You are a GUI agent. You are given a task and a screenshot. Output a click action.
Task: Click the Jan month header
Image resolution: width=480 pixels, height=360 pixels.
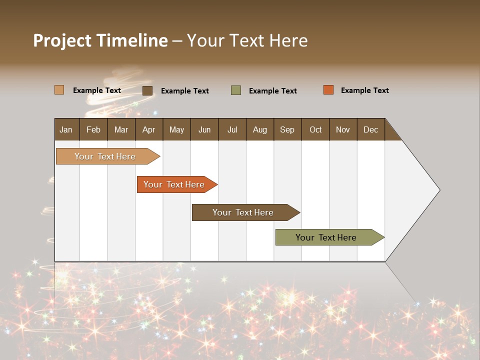(x=66, y=129)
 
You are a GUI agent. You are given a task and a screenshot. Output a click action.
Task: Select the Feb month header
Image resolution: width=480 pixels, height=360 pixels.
(x=93, y=129)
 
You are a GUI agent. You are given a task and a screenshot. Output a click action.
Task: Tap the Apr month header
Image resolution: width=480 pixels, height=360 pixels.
(x=149, y=129)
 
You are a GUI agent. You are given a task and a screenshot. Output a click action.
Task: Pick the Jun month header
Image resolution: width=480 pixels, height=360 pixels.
(x=204, y=129)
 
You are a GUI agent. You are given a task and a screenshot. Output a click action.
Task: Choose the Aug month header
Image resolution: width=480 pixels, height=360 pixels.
(x=260, y=129)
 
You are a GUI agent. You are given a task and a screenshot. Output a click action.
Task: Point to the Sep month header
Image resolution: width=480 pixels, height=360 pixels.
(x=287, y=129)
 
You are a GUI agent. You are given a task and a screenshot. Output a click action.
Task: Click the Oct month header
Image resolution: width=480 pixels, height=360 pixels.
(x=315, y=129)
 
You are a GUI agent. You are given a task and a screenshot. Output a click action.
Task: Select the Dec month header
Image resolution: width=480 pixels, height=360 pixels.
(x=371, y=129)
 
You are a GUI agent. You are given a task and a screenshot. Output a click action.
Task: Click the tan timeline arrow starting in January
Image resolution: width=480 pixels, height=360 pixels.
(x=105, y=156)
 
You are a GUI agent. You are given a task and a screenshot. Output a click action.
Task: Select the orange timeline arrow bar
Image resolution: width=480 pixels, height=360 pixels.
(x=174, y=184)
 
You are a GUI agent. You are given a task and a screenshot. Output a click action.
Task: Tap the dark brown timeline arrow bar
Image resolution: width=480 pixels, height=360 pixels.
(x=243, y=212)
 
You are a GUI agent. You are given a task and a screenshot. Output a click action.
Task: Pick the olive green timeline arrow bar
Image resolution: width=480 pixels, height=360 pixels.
(x=326, y=237)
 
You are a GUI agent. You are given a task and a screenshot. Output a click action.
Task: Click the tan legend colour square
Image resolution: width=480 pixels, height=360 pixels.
(x=59, y=90)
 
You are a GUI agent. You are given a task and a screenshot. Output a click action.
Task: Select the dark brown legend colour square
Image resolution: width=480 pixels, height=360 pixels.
(x=147, y=90)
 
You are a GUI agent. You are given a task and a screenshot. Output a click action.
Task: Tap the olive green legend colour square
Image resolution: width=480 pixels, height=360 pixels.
(x=236, y=90)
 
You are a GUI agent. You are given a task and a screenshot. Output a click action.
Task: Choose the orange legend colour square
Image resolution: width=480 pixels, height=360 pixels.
(x=328, y=90)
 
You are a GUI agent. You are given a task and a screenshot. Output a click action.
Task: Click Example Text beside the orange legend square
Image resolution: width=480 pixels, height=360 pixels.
(x=365, y=90)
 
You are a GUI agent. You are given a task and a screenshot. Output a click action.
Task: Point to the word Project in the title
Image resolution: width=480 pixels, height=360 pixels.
(x=62, y=40)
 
